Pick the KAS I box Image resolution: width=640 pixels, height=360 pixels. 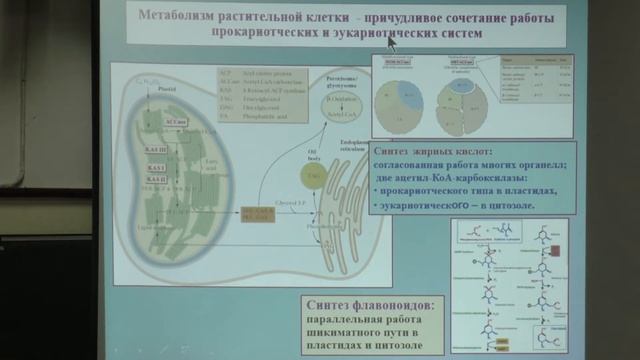point(155,166)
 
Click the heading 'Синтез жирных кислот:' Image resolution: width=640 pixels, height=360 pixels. point(431,151)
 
